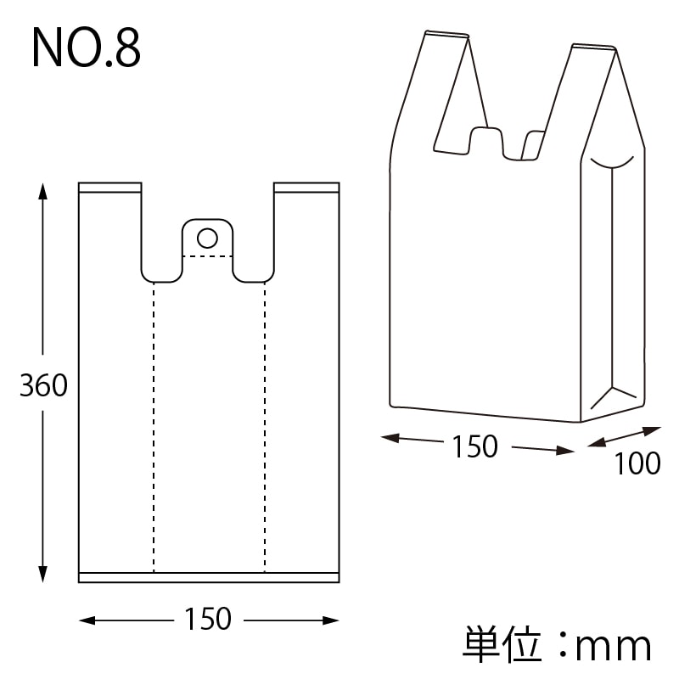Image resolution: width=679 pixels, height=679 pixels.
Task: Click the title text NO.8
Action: [86, 49]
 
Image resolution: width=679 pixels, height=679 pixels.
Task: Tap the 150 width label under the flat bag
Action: [208, 620]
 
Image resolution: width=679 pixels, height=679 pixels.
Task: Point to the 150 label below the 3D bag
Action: [474, 446]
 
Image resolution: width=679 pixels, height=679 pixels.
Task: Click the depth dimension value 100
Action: [637, 463]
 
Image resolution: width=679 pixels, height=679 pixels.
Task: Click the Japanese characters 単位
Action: [502, 645]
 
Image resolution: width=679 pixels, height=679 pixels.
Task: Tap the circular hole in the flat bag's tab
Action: [207, 235]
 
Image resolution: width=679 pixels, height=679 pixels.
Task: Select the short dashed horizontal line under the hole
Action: [207, 255]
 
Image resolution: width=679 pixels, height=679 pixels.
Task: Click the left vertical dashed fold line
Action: [154, 424]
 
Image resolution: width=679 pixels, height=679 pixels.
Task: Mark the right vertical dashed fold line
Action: [265, 424]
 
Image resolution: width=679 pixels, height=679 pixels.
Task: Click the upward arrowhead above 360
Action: [43, 188]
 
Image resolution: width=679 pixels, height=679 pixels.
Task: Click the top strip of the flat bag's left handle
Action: [109, 187]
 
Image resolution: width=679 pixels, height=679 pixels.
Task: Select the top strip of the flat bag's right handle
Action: [306, 187]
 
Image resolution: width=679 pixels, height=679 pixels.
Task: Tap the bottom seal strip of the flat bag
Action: [208, 578]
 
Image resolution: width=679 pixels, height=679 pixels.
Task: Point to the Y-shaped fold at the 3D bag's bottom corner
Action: [613, 391]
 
